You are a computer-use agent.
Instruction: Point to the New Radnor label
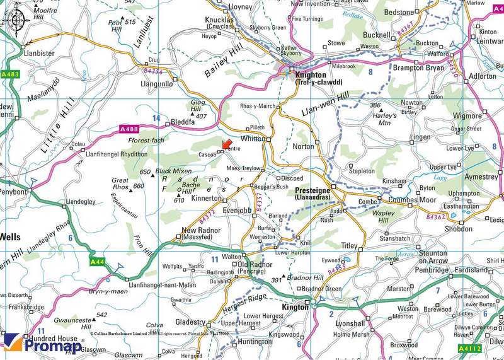coord(201,230)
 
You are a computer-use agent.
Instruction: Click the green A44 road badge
coord(96,261)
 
